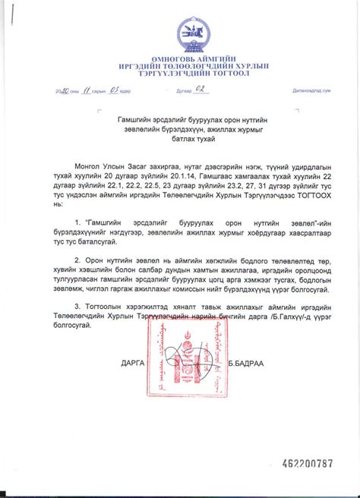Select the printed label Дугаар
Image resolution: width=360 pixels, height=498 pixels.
click(x=178, y=91)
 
